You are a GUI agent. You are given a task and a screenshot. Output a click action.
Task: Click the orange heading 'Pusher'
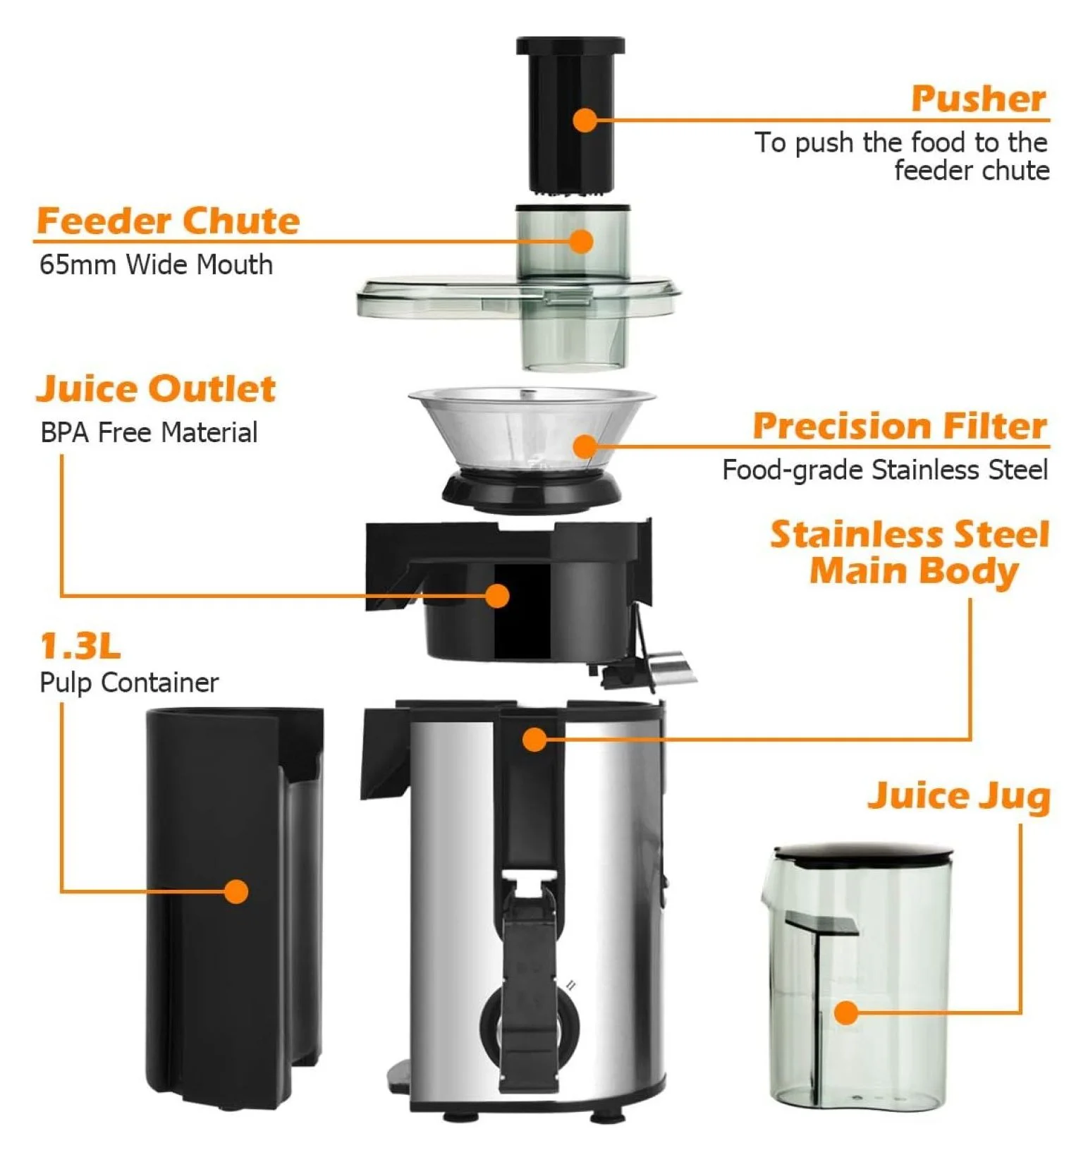click(x=978, y=99)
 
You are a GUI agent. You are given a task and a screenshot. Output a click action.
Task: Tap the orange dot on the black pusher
click(x=585, y=121)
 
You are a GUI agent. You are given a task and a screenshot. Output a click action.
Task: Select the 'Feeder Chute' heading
click(x=169, y=221)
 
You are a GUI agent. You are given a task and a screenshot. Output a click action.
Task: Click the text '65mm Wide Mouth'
click(x=156, y=265)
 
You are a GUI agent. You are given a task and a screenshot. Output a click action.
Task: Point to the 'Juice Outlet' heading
click(x=156, y=389)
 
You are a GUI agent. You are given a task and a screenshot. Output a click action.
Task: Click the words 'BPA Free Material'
click(x=149, y=433)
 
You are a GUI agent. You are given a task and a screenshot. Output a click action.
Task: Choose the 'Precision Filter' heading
click(x=900, y=427)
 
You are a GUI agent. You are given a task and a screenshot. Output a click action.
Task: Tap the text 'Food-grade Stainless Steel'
click(x=885, y=470)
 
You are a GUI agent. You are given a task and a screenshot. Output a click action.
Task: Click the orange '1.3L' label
click(x=80, y=646)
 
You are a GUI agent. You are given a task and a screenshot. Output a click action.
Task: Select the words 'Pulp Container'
click(x=129, y=683)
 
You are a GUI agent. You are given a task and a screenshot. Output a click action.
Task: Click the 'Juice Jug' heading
click(x=959, y=797)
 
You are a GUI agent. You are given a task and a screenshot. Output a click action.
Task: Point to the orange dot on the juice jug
click(x=846, y=1013)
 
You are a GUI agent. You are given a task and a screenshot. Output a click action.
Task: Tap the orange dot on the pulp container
click(x=237, y=891)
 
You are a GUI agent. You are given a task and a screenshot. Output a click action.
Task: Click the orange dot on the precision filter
click(x=585, y=446)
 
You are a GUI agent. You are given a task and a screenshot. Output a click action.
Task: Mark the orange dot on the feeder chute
click(x=580, y=241)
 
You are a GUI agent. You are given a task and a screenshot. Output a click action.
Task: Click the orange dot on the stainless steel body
click(x=534, y=739)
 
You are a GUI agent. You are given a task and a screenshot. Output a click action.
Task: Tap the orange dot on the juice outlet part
click(x=497, y=596)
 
